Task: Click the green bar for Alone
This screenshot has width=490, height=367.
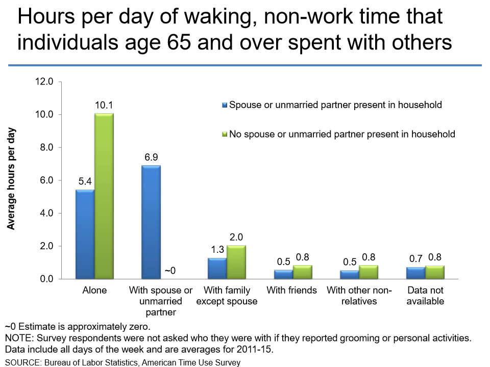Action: [x=104, y=196]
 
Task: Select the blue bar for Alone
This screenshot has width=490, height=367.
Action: [x=85, y=234]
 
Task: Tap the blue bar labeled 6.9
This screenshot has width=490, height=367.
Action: [x=151, y=222]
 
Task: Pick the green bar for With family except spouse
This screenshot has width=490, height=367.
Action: [x=236, y=262]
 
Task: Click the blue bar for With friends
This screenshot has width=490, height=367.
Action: [x=283, y=274]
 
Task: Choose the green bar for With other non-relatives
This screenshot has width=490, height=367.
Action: [x=369, y=272]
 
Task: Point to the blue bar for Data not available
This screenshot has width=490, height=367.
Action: [x=415, y=273]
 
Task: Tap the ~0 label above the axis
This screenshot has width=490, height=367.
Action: [x=170, y=271]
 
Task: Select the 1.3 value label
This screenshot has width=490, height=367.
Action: [x=217, y=250]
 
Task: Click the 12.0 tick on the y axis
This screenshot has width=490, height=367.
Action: [x=44, y=82]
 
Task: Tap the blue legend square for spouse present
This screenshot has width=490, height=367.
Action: [x=224, y=105]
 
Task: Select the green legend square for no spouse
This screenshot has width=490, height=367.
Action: [x=224, y=135]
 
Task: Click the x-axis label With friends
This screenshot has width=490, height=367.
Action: [x=291, y=291]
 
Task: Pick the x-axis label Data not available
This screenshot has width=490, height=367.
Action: [x=425, y=296]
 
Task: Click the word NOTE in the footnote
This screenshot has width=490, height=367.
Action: [x=18, y=338]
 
